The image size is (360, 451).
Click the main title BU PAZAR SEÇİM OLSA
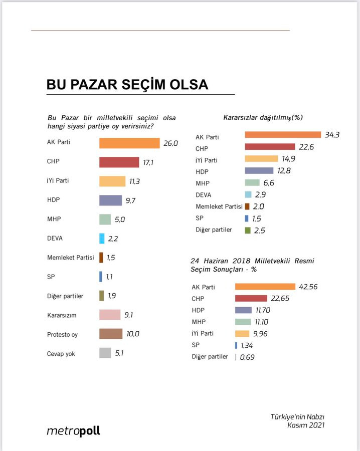click(x=127, y=84)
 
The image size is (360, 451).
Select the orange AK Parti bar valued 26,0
click(x=129, y=143)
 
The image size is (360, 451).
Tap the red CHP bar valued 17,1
click(x=119, y=162)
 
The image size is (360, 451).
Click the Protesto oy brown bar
click(x=111, y=334)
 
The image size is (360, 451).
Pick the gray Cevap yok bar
click(x=105, y=353)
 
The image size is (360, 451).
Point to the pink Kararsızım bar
click(x=109, y=315)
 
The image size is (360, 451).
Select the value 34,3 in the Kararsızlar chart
click(x=331, y=135)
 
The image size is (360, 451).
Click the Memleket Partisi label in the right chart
click(x=219, y=206)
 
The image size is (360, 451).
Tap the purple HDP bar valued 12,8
click(x=259, y=171)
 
